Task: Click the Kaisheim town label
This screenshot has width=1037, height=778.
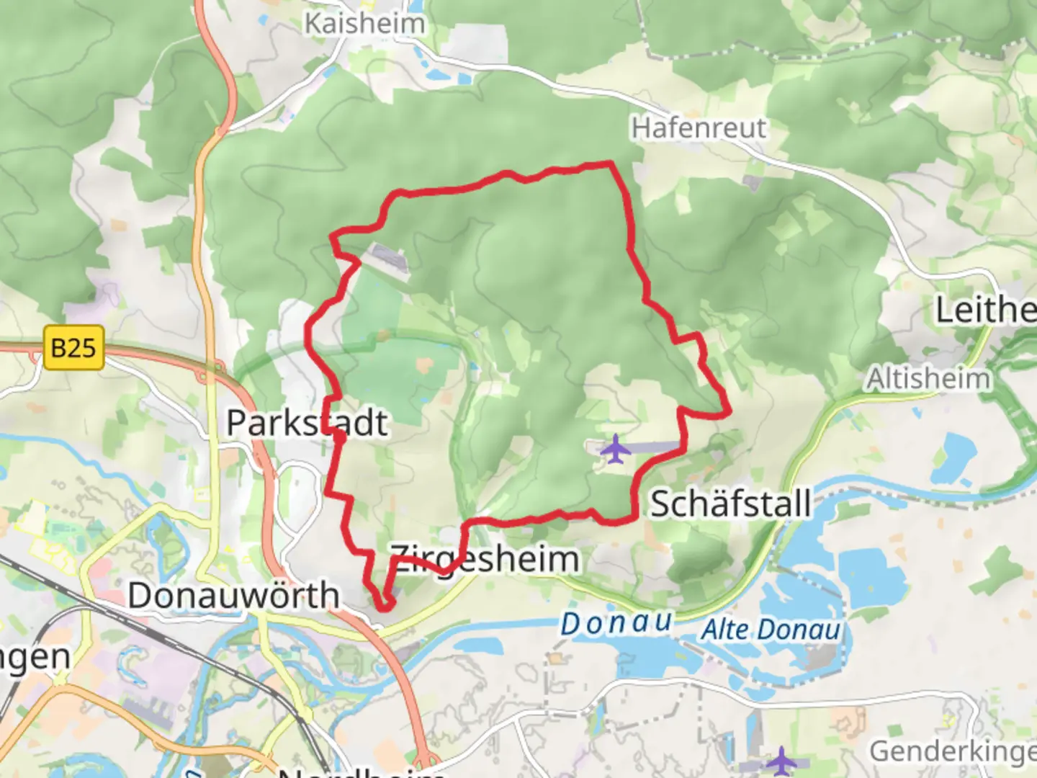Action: click(x=364, y=23)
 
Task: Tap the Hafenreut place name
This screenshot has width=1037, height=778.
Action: click(x=699, y=128)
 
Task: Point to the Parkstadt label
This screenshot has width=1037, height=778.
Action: click(x=307, y=423)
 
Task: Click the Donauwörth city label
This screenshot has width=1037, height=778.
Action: click(x=233, y=596)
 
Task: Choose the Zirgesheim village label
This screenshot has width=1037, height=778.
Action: click(x=484, y=559)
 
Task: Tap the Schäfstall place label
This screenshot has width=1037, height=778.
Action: click(x=730, y=504)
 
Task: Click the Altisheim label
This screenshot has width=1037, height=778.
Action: click(x=928, y=379)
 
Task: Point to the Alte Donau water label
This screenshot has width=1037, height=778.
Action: click(x=771, y=630)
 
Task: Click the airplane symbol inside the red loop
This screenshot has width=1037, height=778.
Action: click(x=615, y=450)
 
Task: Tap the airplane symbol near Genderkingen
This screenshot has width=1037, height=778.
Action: click(x=781, y=761)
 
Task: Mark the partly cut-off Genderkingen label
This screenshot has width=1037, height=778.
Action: click(x=952, y=751)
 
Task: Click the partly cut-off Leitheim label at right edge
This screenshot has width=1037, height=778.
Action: click(x=985, y=310)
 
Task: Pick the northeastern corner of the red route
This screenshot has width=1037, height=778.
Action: click(x=611, y=164)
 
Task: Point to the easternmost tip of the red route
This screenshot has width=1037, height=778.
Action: click(x=730, y=411)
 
